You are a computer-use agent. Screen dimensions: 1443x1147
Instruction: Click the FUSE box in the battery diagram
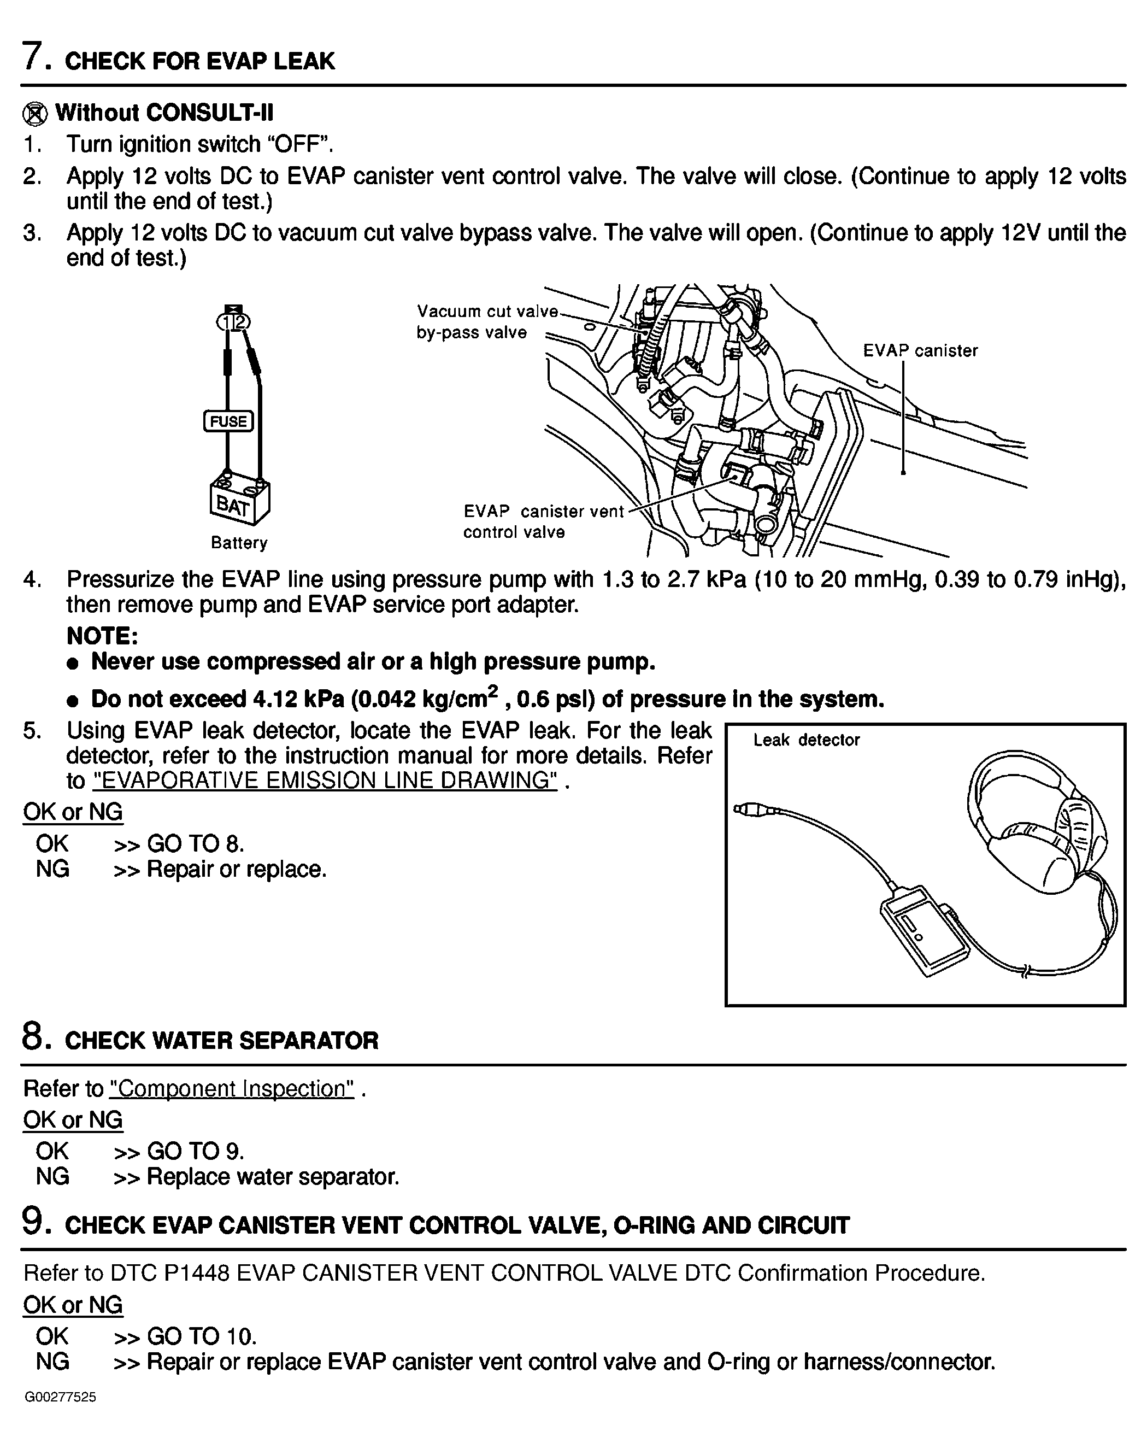point(228,421)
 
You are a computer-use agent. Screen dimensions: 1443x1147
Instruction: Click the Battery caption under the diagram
point(239,543)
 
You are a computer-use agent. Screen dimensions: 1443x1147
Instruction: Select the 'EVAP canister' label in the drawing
point(920,351)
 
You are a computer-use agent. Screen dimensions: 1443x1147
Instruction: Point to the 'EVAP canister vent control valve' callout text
point(543,521)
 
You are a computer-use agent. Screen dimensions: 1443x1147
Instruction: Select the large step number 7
point(35,56)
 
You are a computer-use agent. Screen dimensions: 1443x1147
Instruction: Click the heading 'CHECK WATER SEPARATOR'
point(221,1041)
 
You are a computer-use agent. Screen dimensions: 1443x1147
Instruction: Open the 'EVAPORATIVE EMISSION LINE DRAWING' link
point(325,781)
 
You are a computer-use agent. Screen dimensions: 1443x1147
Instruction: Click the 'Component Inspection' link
point(232,1089)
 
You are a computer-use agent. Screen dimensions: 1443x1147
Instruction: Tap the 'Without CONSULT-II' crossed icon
point(35,114)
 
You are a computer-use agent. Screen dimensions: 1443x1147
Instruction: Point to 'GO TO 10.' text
point(202,1336)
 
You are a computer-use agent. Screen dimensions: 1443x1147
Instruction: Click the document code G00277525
point(61,1398)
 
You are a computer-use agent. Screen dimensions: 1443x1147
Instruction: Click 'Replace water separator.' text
point(272,1177)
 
